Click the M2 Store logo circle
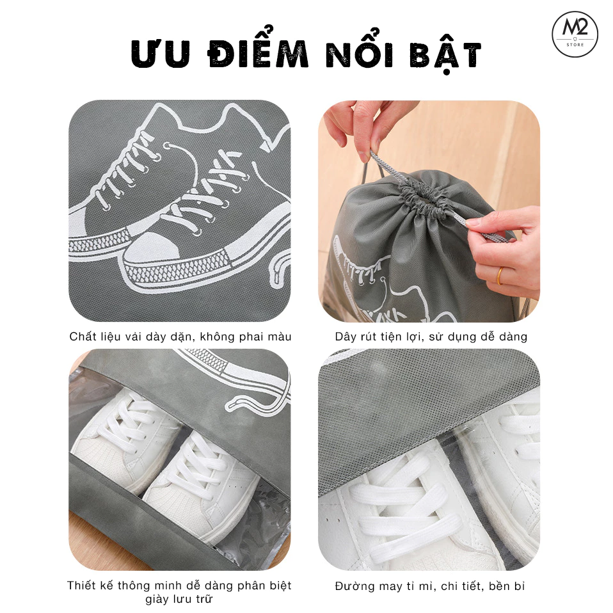click(575, 35)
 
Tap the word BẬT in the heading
click(448, 56)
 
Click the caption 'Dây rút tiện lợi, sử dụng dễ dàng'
click(431, 337)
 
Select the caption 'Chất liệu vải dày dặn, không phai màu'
click(180, 337)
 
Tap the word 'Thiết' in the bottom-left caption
click(83, 585)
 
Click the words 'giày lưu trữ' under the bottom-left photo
click(179, 600)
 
